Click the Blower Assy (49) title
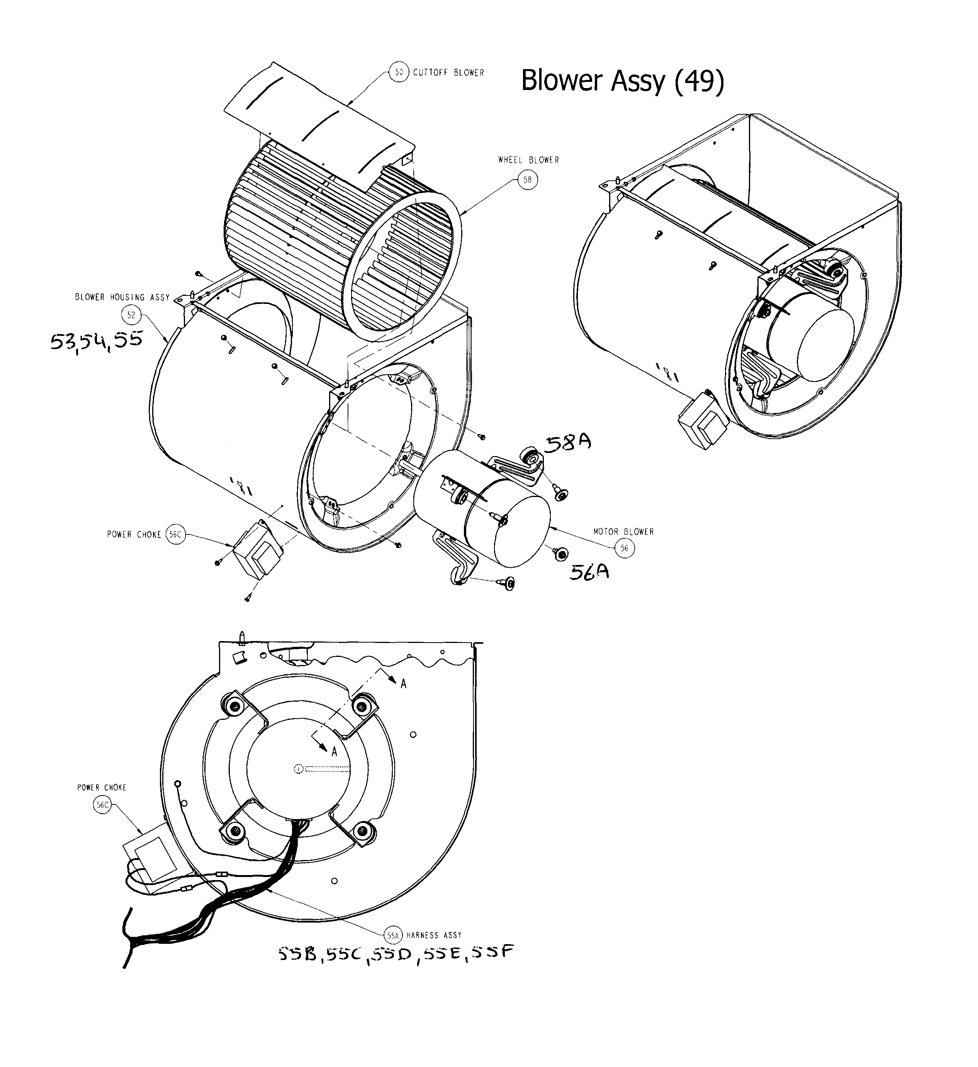click(x=622, y=81)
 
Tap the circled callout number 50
click(x=399, y=72)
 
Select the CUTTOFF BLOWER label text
click(x=448, y=73)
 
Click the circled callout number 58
click(x=527, y=180)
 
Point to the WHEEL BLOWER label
click(x=528, y=160)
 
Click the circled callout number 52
click(x=131, y=316)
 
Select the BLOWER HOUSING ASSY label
click(x=122, y=297)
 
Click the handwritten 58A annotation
click(x=568, y=443)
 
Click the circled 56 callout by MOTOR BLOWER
click(x=624, y=548)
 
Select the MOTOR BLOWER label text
click(x=623, y=531)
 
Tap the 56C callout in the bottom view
click(x=102, y=806)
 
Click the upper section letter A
click(x=404, y=684)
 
